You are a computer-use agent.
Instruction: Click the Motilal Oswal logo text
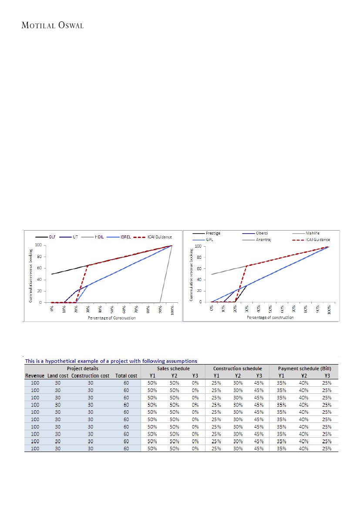pos(53,26)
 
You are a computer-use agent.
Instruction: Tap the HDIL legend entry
pos(99,237)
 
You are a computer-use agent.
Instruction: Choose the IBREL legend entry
pos(126,237)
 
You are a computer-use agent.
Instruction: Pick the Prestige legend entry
pos(213,233)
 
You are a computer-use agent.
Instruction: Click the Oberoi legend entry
pos(262,233)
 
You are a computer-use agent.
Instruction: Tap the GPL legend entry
pos(210,239)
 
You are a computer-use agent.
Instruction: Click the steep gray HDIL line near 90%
pos(166,274)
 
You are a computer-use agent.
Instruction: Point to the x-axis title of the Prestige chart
pos(270,317)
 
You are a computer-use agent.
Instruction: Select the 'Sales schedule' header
pos(173,368)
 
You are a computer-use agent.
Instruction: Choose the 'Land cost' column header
pos(58,376)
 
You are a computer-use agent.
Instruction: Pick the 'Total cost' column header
pos(126,376)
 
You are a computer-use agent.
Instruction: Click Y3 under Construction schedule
pos(259,376)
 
